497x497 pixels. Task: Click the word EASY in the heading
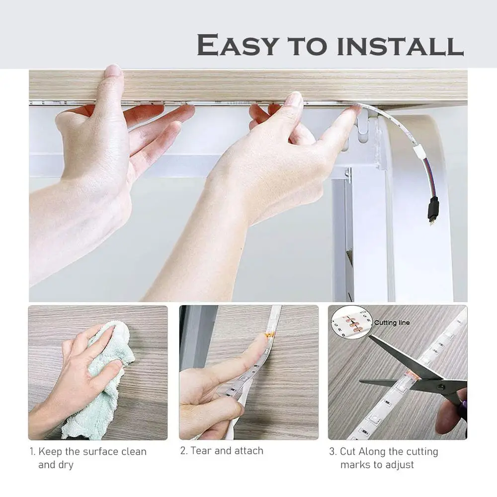238,45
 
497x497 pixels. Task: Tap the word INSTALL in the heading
400,45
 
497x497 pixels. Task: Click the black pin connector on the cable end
433,210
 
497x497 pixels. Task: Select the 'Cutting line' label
392,323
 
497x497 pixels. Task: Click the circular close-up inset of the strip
351,323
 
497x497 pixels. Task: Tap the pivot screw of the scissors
441,387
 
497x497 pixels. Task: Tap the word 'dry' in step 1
66,465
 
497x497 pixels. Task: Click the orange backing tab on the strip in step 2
268,334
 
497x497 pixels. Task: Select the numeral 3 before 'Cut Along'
332,451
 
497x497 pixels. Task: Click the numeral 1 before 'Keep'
32,452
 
